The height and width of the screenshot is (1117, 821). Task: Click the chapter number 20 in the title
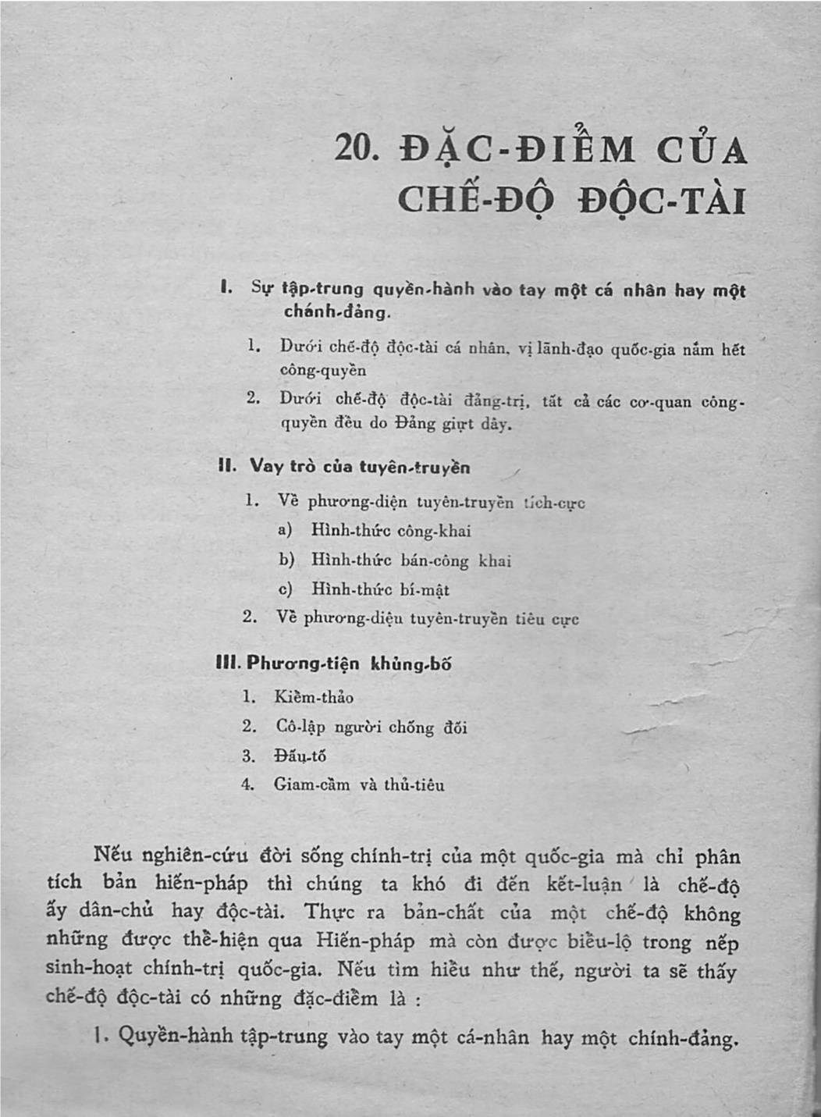pyautogui.click(x=355, y=148)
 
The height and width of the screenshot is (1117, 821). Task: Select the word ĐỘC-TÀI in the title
pyautogui.click(x=662, y=202)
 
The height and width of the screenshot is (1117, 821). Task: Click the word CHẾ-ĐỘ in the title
pyautogui.click(x=476, y=201)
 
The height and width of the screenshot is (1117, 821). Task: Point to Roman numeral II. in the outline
pyautogui.click(x=227, y=466)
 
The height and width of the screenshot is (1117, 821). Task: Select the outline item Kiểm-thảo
pyautogui.click(x=314, y=697)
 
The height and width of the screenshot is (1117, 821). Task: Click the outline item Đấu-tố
pyautogui.click(x=300, y=756)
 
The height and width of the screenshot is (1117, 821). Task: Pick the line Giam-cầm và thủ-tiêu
pyautogui.click(x=359, y=784)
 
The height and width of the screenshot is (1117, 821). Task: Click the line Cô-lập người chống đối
pyautogui.click(x=371, y=727)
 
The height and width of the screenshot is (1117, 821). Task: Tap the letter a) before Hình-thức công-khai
pyautogui.click(x=286, y=530)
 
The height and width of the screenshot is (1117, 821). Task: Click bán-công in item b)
pyautogui.click(x=434, y=560)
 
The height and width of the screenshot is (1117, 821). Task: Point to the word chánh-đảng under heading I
pyautogui.click(x=336, y=312)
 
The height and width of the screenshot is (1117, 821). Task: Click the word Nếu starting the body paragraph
pyautogui.click(x=109, y=854)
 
